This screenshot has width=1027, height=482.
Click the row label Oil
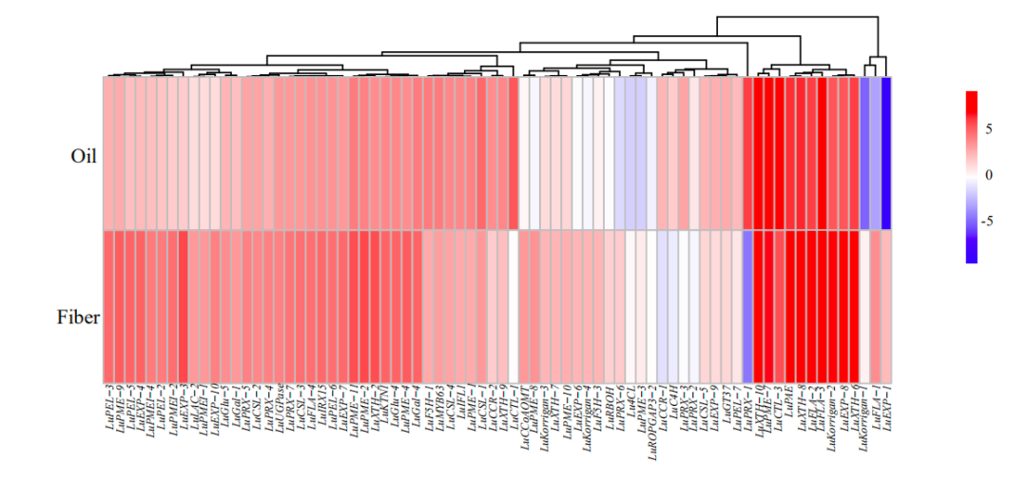coord(84,155)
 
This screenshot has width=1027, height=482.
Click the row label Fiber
coord(78,318)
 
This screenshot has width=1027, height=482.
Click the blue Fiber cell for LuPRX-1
coord(747,306)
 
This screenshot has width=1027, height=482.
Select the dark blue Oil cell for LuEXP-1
coord(886,153)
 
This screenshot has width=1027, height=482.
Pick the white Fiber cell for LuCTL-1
coord(513,306)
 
